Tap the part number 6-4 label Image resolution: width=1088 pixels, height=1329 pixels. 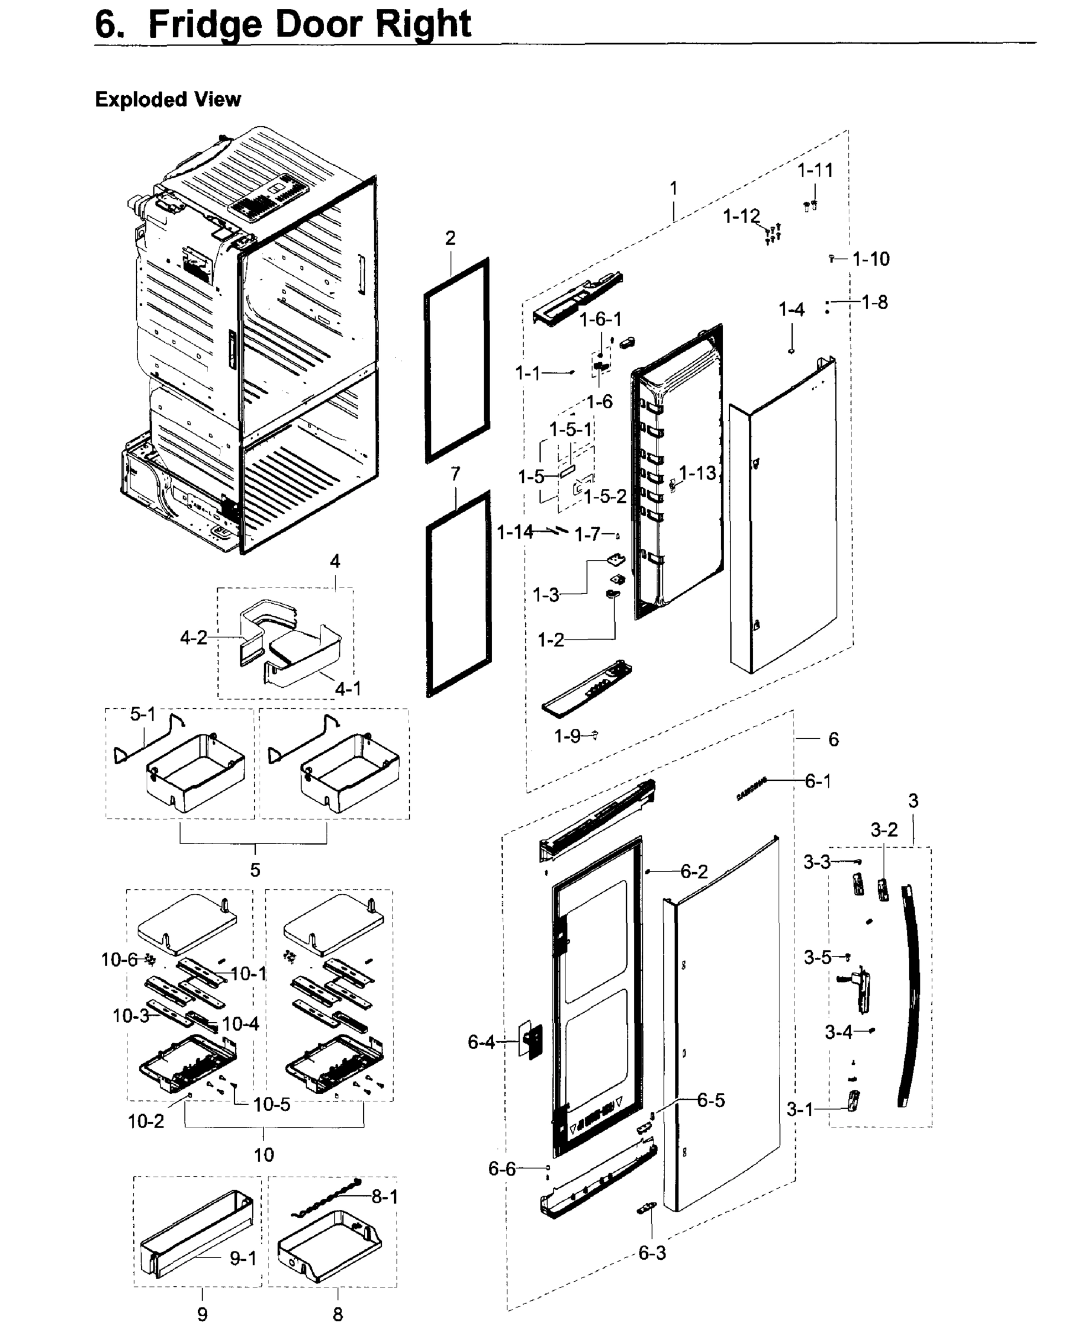[x=481, y=1042]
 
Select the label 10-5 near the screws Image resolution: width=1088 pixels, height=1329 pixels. [x=271, y=1104]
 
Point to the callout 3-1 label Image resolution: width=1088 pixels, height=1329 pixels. [x=800, y=1110]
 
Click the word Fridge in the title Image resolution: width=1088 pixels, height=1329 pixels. [x=205, y=25]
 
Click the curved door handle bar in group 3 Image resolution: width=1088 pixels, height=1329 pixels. [x=910, y=997]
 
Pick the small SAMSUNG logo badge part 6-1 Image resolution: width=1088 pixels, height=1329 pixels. [x=751, y=789]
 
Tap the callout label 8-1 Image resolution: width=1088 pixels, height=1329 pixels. [x=384, y=1196]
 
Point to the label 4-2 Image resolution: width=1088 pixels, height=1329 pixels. [x=193, y=637]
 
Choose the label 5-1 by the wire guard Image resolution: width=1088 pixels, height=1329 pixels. [x=142, y=714]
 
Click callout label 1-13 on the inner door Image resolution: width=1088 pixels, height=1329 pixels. [x=698, y=473]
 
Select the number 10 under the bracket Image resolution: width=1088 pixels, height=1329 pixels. [x=264, y=1154]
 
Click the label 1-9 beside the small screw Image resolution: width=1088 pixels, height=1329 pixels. [x=567, y=736]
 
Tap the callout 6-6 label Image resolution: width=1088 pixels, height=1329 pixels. [x=502, y=1168]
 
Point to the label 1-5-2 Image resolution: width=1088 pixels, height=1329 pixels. [x=605, y=497]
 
